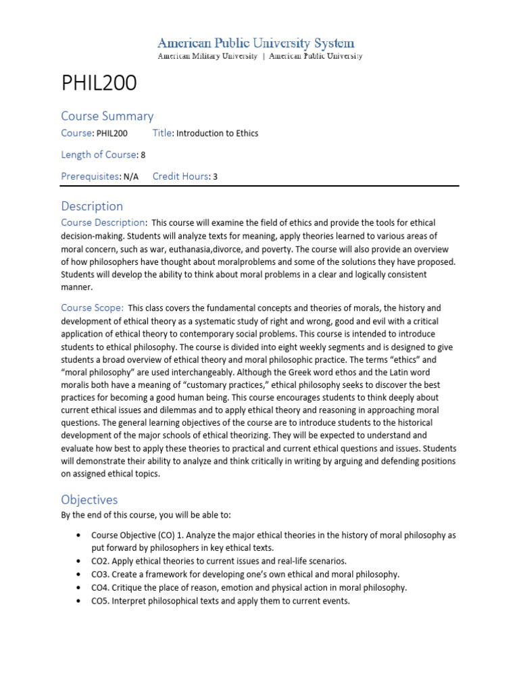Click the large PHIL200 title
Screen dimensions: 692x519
point(99,83)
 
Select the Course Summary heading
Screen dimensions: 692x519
point(107,116)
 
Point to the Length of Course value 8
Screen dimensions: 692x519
point(143,155)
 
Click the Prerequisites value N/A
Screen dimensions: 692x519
point(131,177)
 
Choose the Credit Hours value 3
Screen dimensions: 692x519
point(215,177)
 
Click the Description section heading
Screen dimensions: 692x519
point(92,206)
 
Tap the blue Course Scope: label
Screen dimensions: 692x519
point(92,307)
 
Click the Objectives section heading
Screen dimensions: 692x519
point(89,499)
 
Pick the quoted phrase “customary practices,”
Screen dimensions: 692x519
point(257,385)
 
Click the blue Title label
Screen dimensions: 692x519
point(163,133)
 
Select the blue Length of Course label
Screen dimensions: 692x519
point(99,155)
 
